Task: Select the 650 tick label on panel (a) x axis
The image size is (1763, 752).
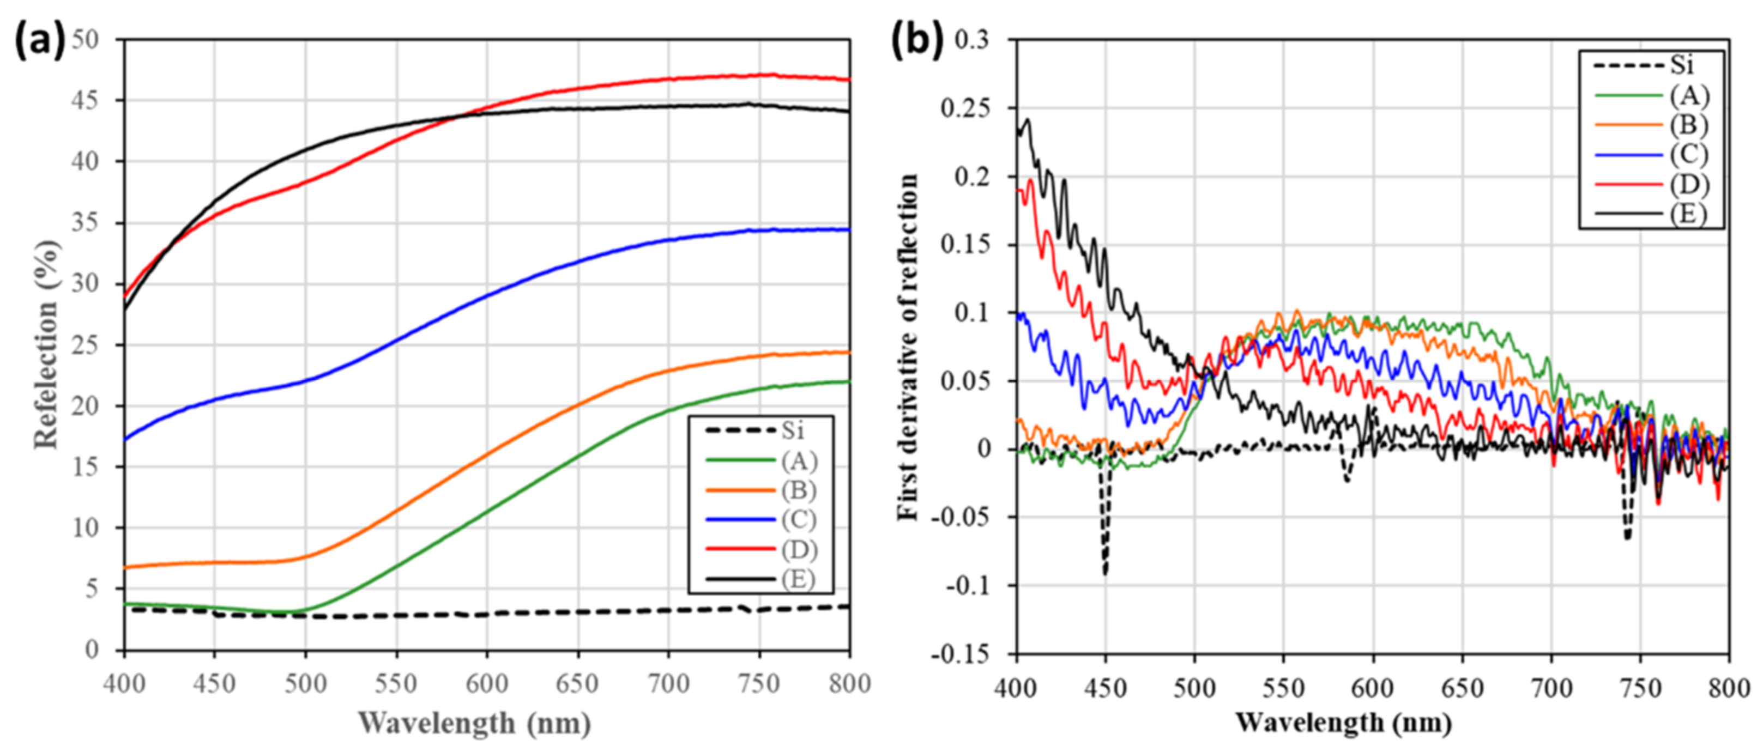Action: (577, 683)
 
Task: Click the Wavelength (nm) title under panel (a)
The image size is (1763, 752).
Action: (474, 723)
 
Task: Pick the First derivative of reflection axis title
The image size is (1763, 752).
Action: (908, 346)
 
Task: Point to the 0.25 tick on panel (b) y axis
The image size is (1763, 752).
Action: (965, 108)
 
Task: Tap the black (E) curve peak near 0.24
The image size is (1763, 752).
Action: (1027, 120)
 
